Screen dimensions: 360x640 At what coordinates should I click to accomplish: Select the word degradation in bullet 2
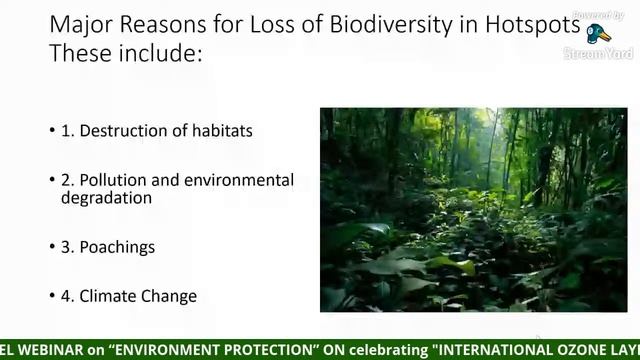(x=106, y=198)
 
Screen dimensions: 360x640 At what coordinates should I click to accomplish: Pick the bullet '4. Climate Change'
(x=129, y=296)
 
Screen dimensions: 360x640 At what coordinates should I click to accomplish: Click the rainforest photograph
(x=473, y=209)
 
